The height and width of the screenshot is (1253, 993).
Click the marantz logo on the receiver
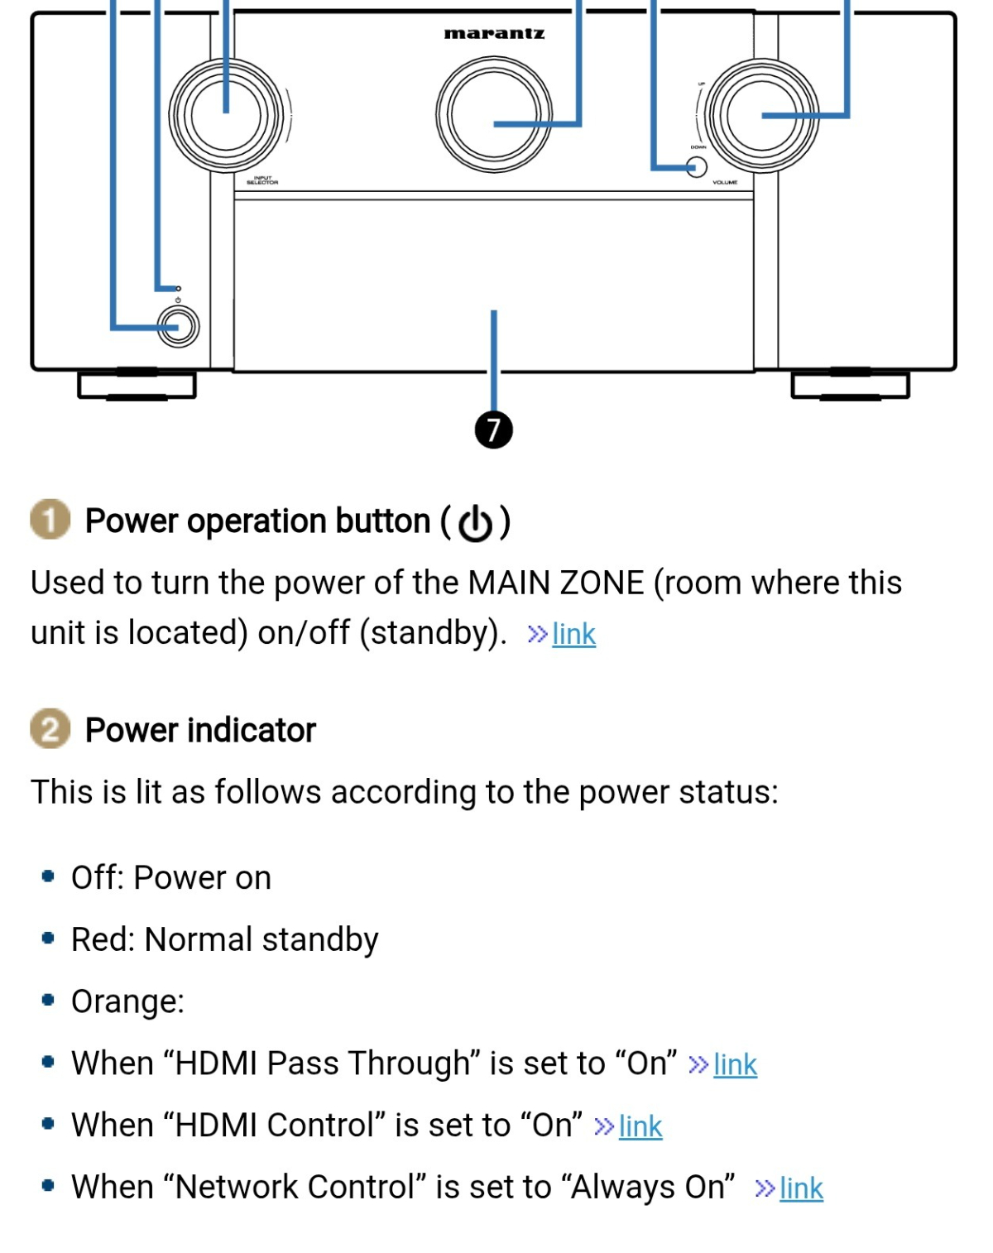pos(494,34)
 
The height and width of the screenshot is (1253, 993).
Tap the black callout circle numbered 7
pos(494,430)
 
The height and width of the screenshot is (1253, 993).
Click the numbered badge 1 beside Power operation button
pos(50,520)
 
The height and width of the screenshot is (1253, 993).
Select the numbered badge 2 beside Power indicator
pos(50,729)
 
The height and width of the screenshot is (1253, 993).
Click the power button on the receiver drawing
pos(178,327)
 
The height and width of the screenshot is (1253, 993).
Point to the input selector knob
pos(226,116)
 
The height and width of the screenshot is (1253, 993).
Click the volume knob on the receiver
pos(762,116)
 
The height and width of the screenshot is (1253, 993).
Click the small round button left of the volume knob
pos(698,167)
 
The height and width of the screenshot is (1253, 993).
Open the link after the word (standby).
pos(573,634)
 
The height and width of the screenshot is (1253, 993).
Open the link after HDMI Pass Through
pos(735,1064)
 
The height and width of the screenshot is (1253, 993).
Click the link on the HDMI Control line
pos(640,1126)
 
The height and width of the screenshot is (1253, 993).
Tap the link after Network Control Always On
pos(801,1188)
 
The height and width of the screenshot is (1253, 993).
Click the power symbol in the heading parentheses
pos(476,522)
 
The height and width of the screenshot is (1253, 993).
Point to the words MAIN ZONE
pos(556,583)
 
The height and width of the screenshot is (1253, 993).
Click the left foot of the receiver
pos(137,385)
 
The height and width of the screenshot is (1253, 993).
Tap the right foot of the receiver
pos(851,385)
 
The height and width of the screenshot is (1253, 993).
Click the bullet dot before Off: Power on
pos(48,876)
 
